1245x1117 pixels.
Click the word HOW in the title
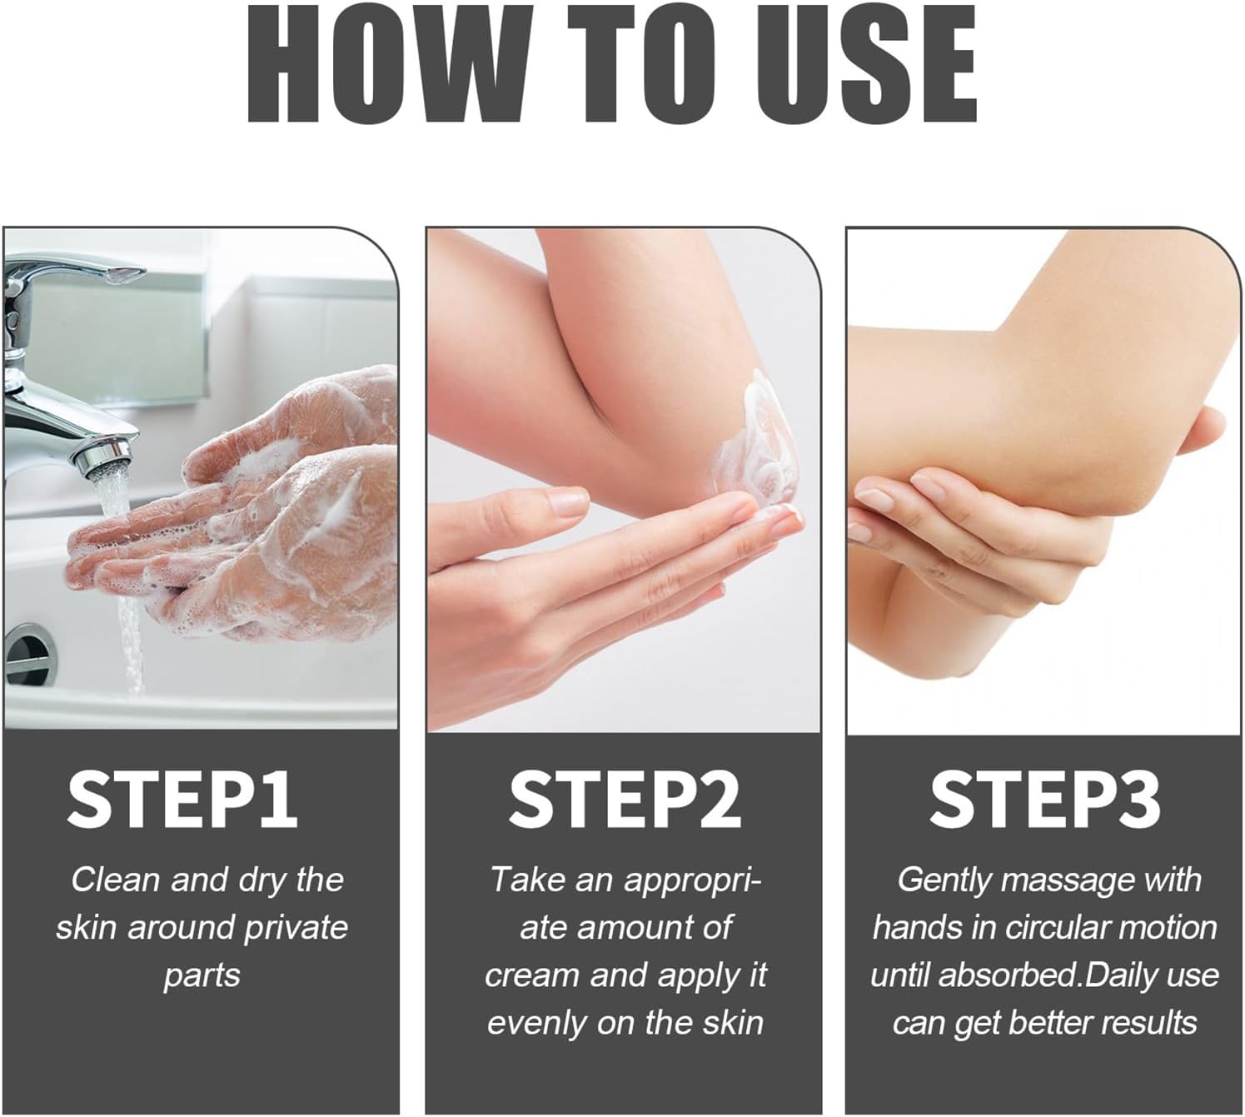coord(386,65)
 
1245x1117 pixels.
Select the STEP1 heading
coord(182,800)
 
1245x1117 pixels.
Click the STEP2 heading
coord(625,800)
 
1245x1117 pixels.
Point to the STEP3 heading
coord(1044,800)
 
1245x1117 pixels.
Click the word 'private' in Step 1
coord(296,929)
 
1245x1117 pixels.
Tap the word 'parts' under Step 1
coord(202,977)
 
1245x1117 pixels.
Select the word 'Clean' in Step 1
coord(115,880)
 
